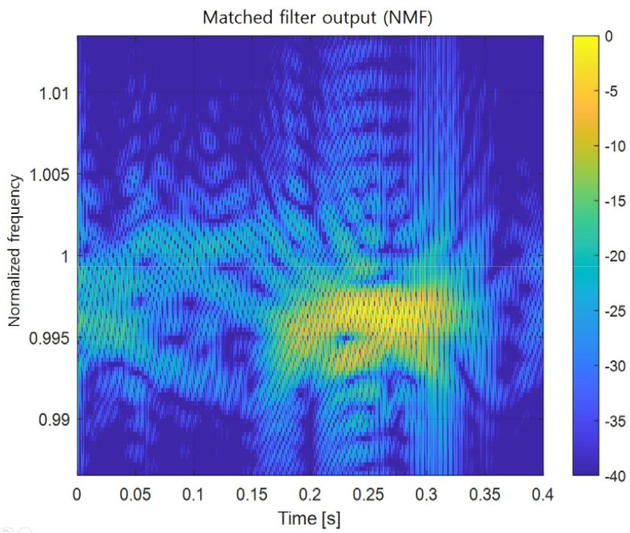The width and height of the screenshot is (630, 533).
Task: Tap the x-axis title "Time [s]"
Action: pyautogui.click(x=309, y=518)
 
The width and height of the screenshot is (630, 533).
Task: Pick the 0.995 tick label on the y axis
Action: pyautogui.click(x=50, y=338)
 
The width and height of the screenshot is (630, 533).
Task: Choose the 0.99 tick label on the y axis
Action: pyautogui.click(x=54, y=420)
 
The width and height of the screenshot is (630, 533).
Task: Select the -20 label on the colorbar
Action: pyautogui.click(x=615, y=256)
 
